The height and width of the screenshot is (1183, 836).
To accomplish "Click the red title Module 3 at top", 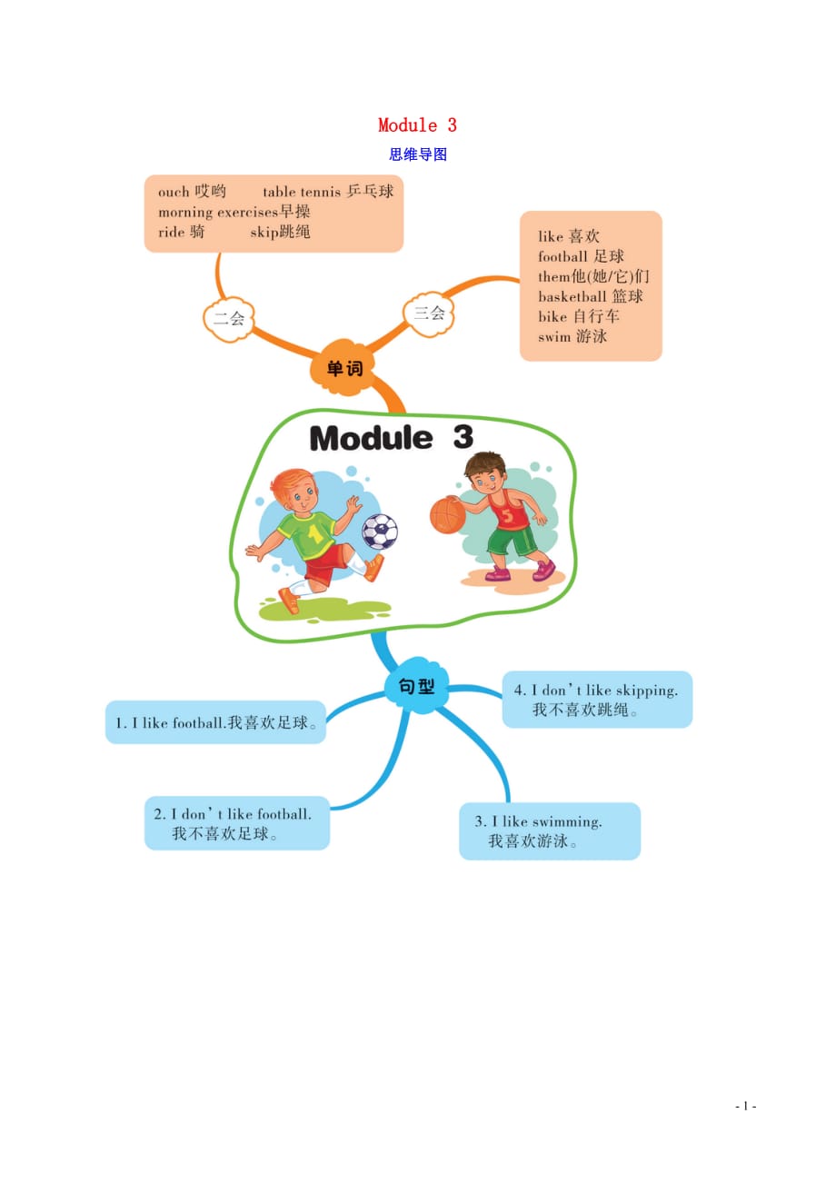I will [417, 125].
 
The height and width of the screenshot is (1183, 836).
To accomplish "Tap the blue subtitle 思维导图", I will [418, 154].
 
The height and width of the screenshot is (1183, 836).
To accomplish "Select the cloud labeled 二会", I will [229, 319].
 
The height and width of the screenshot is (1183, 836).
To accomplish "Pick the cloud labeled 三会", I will [429, 313].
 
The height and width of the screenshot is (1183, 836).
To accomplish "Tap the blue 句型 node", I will [416, 687].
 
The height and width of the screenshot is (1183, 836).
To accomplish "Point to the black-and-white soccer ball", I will [380, 531].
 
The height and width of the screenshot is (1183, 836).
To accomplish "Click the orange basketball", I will [447, 514].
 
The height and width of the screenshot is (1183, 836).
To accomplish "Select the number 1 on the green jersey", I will [315, 534].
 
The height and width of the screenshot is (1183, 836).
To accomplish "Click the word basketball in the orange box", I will [572, 297].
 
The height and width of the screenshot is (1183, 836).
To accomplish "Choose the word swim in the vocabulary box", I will [553, 337].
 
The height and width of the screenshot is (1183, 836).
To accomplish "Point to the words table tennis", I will [301, 192].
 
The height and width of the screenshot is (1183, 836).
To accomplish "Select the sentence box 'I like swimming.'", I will [550, 830].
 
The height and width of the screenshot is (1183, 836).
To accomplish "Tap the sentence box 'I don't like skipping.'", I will [597, 700].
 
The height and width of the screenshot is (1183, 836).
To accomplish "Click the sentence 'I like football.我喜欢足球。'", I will [215, 723].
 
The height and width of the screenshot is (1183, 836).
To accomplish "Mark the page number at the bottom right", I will [746, 1106].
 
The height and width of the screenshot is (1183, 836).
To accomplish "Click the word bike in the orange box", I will [552, 317].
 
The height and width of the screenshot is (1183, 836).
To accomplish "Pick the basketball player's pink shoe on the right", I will [543, 571].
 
